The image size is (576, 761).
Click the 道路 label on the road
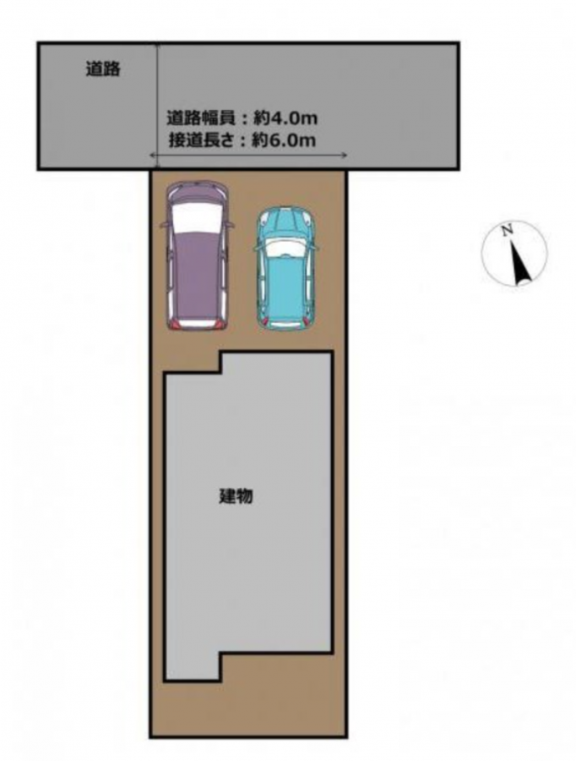point(103,69)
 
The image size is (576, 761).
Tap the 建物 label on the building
point(236,496)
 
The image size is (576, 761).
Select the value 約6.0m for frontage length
point(284,140)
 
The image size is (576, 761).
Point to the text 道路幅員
point(201,118)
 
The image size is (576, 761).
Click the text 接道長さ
point(202,140)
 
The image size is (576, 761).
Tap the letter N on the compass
point(507,231)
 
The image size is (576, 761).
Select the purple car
point(197,255)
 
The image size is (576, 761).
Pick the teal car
point(287,269)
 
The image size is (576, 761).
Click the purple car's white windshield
point(197,217)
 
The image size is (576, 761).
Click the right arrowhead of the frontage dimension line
point(345,156)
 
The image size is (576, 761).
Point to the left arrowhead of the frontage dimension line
point(152,156)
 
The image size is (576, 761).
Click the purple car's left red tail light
point(174,324)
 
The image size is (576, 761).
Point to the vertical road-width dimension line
point(156,107)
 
